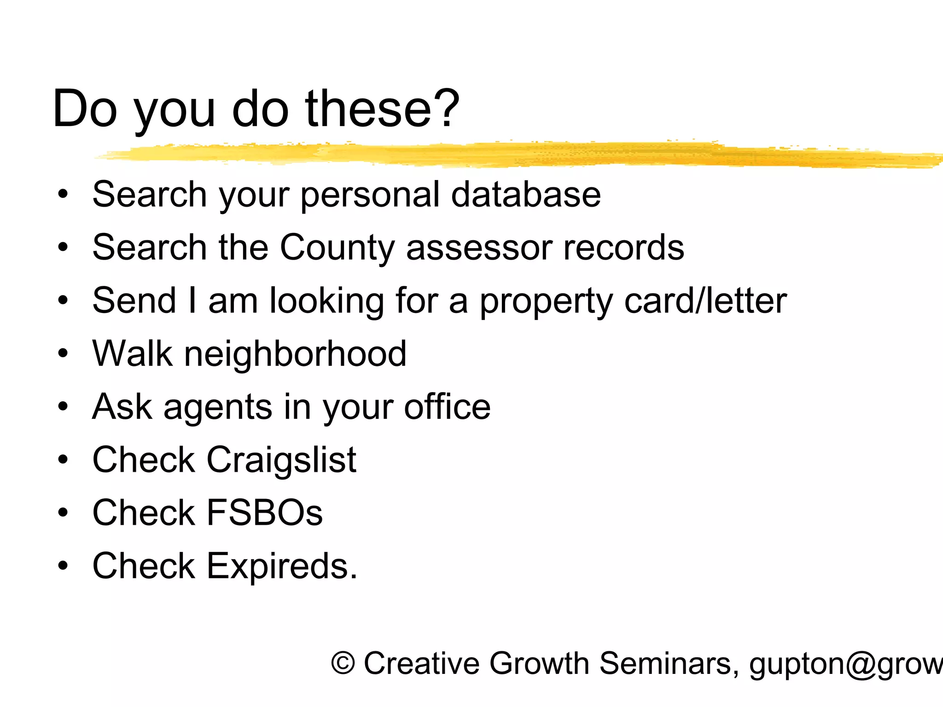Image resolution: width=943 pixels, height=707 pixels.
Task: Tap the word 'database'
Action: click(526, 194)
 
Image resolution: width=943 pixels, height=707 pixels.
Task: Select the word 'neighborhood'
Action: click(295, 354)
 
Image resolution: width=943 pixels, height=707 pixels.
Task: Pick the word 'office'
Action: click(447, 407)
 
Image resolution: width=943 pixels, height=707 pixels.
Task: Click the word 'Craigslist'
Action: click(281, 460)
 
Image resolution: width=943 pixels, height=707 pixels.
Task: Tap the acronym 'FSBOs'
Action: click(264, 513)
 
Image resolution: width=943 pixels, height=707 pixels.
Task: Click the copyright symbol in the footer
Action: click(343, 663)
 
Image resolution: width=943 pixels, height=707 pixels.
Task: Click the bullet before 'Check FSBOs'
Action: click(63, 512)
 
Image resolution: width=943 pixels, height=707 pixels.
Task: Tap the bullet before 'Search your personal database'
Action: click(63, 194)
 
